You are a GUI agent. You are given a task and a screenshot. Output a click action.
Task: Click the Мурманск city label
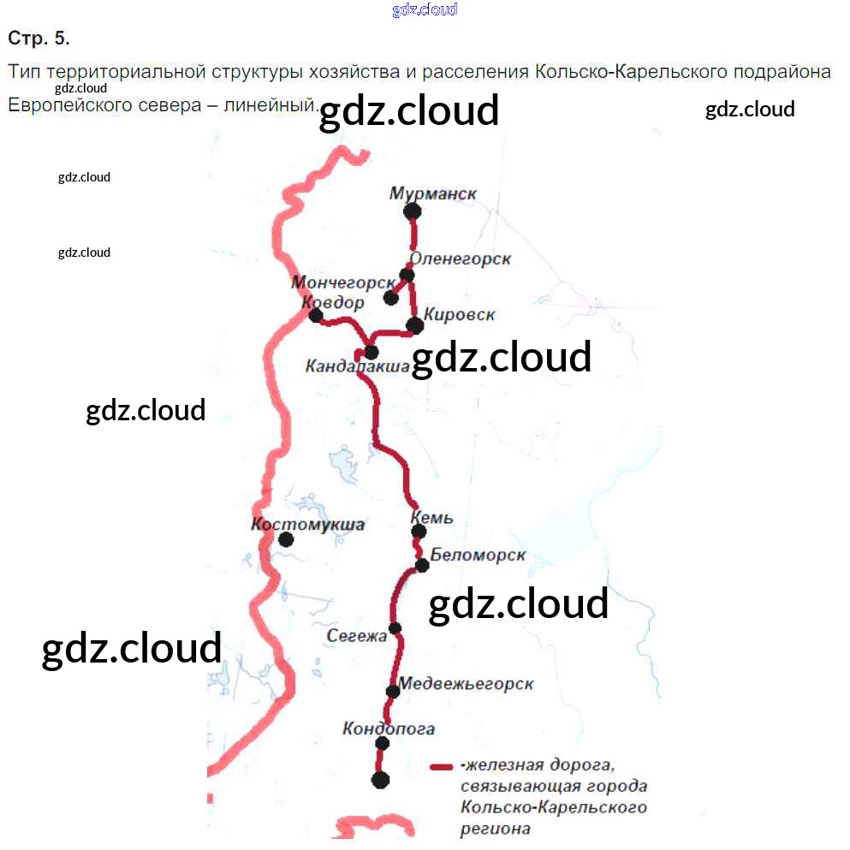pos(432,193)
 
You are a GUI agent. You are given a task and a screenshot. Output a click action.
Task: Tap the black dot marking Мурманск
pos(413,211)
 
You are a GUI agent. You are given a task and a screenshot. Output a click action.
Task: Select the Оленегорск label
pos(461,258)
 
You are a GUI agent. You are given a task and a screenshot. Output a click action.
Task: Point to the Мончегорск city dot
pos(391,298)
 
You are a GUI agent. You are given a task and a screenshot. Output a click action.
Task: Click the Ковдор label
pos(332,302)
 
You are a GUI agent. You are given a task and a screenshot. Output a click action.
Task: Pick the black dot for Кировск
pos(415,325)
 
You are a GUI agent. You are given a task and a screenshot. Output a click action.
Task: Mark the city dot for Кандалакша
pos(372,352)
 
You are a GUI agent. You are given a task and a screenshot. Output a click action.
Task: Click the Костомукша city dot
pos(286,539)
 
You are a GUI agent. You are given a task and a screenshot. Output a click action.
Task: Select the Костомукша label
pos(307,524)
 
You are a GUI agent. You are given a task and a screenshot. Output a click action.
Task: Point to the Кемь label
pos(431,517)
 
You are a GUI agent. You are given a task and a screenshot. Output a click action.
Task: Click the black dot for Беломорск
pos(421,565)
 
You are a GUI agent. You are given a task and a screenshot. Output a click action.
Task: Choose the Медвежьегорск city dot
pos(393,691)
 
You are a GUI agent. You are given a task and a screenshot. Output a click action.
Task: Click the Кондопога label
pos(388,728)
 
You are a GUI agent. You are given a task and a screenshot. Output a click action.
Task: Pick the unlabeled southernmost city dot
pos(380,779)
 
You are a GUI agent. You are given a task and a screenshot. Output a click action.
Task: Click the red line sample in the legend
pos(442,766)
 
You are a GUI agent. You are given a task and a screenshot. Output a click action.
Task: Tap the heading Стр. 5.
pos(39,39)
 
